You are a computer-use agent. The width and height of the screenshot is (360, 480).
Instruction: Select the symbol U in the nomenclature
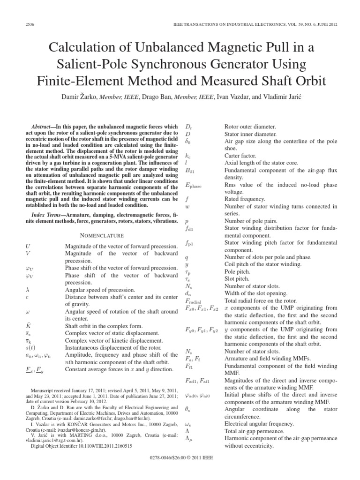[30, 246]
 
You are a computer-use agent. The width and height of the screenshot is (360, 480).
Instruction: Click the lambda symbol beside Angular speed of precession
[29, 290]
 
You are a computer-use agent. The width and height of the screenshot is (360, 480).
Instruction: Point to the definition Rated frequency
[244, 198]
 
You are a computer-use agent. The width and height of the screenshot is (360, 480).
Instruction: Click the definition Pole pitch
[239, 271]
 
